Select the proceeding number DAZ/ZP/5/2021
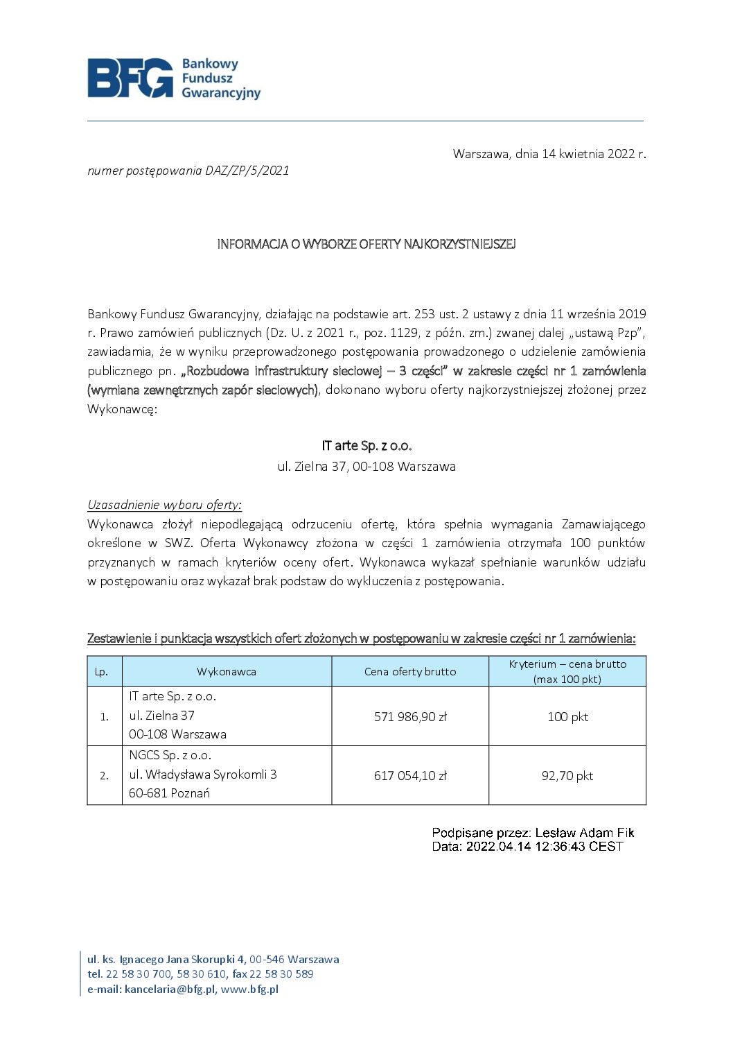click(x=247, y=171)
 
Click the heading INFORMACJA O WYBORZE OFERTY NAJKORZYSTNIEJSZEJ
click(x=366, y=244)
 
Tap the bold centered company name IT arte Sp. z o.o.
click(x=366, y=446)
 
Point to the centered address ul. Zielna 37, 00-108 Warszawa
click(x=366, y=467)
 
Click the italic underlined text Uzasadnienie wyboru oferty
click(x=164, y=505)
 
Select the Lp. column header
click(x=102, y=672)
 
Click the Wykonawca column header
click(x=227, y=672)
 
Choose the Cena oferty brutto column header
click(x=410, y=672)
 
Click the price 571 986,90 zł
click(x=410, y=717)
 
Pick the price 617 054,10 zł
click(x=410, y=776)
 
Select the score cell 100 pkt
click(x=567, y=717)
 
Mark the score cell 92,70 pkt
click(x=567, y=776)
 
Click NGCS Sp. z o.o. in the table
click(x=170, y=756)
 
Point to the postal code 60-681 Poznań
click(x=169, y=793)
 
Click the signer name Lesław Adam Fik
click(x=585, y=833)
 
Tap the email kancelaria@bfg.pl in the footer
click(x=170, y=989)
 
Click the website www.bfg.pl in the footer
click(x=249, y=989)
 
